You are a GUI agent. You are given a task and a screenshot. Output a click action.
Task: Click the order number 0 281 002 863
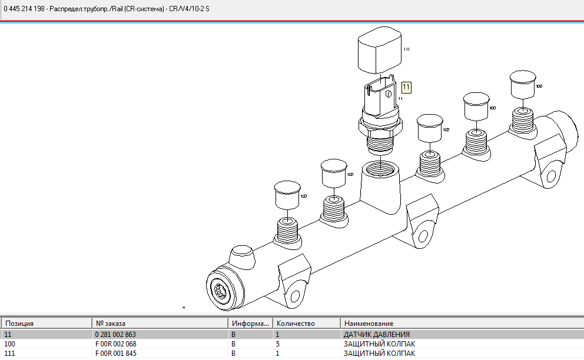pos(115,334)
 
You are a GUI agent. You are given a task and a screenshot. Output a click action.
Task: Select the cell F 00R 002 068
pos(116,344)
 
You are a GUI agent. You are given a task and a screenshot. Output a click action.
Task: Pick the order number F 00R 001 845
pos(116,354)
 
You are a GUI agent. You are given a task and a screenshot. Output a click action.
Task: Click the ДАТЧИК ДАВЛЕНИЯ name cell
pos(376,334)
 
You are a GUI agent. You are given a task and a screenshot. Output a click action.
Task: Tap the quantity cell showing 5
pos(278,344)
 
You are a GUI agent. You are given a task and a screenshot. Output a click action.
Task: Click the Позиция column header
pos(20,324)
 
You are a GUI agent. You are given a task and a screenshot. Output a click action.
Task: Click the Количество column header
pos(296,324)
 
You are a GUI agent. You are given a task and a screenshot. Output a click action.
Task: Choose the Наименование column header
pos(369,324)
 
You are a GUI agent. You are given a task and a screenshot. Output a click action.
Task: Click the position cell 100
pos(9,344)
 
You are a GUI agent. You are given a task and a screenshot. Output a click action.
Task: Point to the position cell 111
pos(9,354)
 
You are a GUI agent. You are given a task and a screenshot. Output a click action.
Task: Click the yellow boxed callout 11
pos(406,87)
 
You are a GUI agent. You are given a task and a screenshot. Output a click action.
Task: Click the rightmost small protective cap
pos(522,85)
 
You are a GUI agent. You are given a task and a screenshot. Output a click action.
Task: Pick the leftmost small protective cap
pos(287,195)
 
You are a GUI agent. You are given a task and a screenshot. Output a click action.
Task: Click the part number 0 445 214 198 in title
pos(24,9)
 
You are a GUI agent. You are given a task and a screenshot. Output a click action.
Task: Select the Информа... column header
pos(250,324)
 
